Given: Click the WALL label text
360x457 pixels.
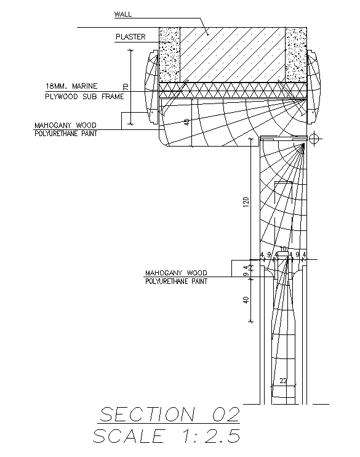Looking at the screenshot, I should click(123, 14).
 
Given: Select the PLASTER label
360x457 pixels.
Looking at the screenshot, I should click(130, 37).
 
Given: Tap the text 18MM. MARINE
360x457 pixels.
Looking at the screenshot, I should click(71, 86).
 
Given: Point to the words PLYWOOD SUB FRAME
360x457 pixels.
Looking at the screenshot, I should click(84, 97).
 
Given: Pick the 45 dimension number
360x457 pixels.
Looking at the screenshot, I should click(186, 122).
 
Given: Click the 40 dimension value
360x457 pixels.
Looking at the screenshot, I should click(246, 301).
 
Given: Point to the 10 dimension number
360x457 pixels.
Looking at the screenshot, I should click(283, 249).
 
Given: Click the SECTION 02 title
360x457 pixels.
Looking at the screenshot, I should click(169, 413).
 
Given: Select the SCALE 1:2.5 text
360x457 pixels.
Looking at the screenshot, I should click(166, 436).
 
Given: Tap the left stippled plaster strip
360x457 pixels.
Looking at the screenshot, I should click(169, 55).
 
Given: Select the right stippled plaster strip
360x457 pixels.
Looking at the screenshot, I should click(296, 55).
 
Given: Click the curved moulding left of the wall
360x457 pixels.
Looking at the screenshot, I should click(151, 86).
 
